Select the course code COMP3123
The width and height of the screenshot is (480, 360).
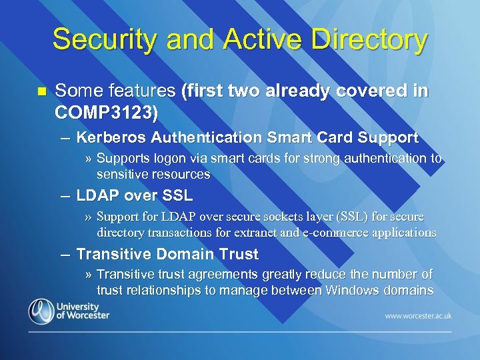point(107,113)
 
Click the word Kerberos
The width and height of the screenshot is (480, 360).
point(111,138)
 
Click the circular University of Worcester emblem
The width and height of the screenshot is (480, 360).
point(41,311)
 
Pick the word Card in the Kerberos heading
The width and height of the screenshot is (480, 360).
point(331,138)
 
